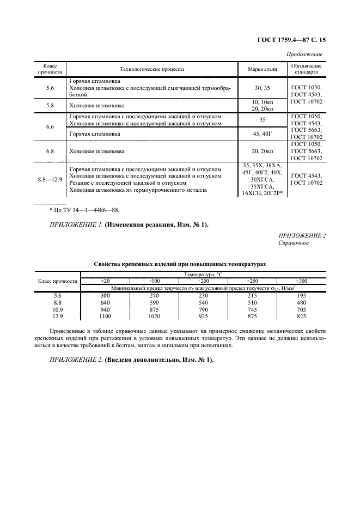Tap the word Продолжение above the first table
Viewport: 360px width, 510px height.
coord(304,54)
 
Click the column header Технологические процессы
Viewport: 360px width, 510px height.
coord(152,69)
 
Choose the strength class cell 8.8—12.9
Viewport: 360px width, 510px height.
coord(50,179)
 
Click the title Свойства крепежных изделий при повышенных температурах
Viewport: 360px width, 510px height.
coord(180,263)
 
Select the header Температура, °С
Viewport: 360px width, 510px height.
coord(203,275)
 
